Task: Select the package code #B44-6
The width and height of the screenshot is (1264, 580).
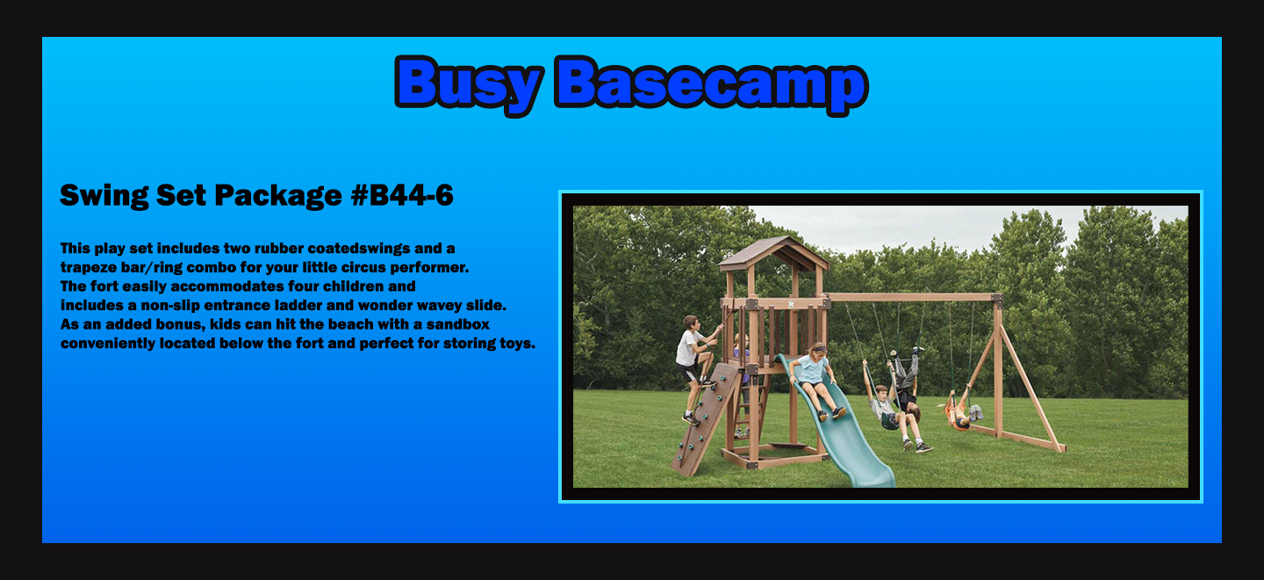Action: pos(402,195)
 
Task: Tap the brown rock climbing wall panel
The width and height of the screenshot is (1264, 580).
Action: pos(706,419)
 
